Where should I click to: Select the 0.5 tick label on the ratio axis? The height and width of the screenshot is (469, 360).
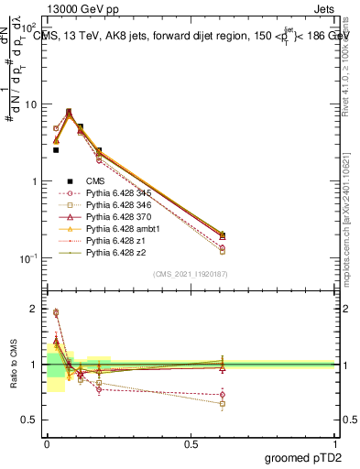click(30, 420)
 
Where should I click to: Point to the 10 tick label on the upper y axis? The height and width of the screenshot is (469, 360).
click(30, 104)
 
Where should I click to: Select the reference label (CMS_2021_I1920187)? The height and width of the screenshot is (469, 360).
click(190, 273)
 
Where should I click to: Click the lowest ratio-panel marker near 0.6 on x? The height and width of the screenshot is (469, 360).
click(223, 403)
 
